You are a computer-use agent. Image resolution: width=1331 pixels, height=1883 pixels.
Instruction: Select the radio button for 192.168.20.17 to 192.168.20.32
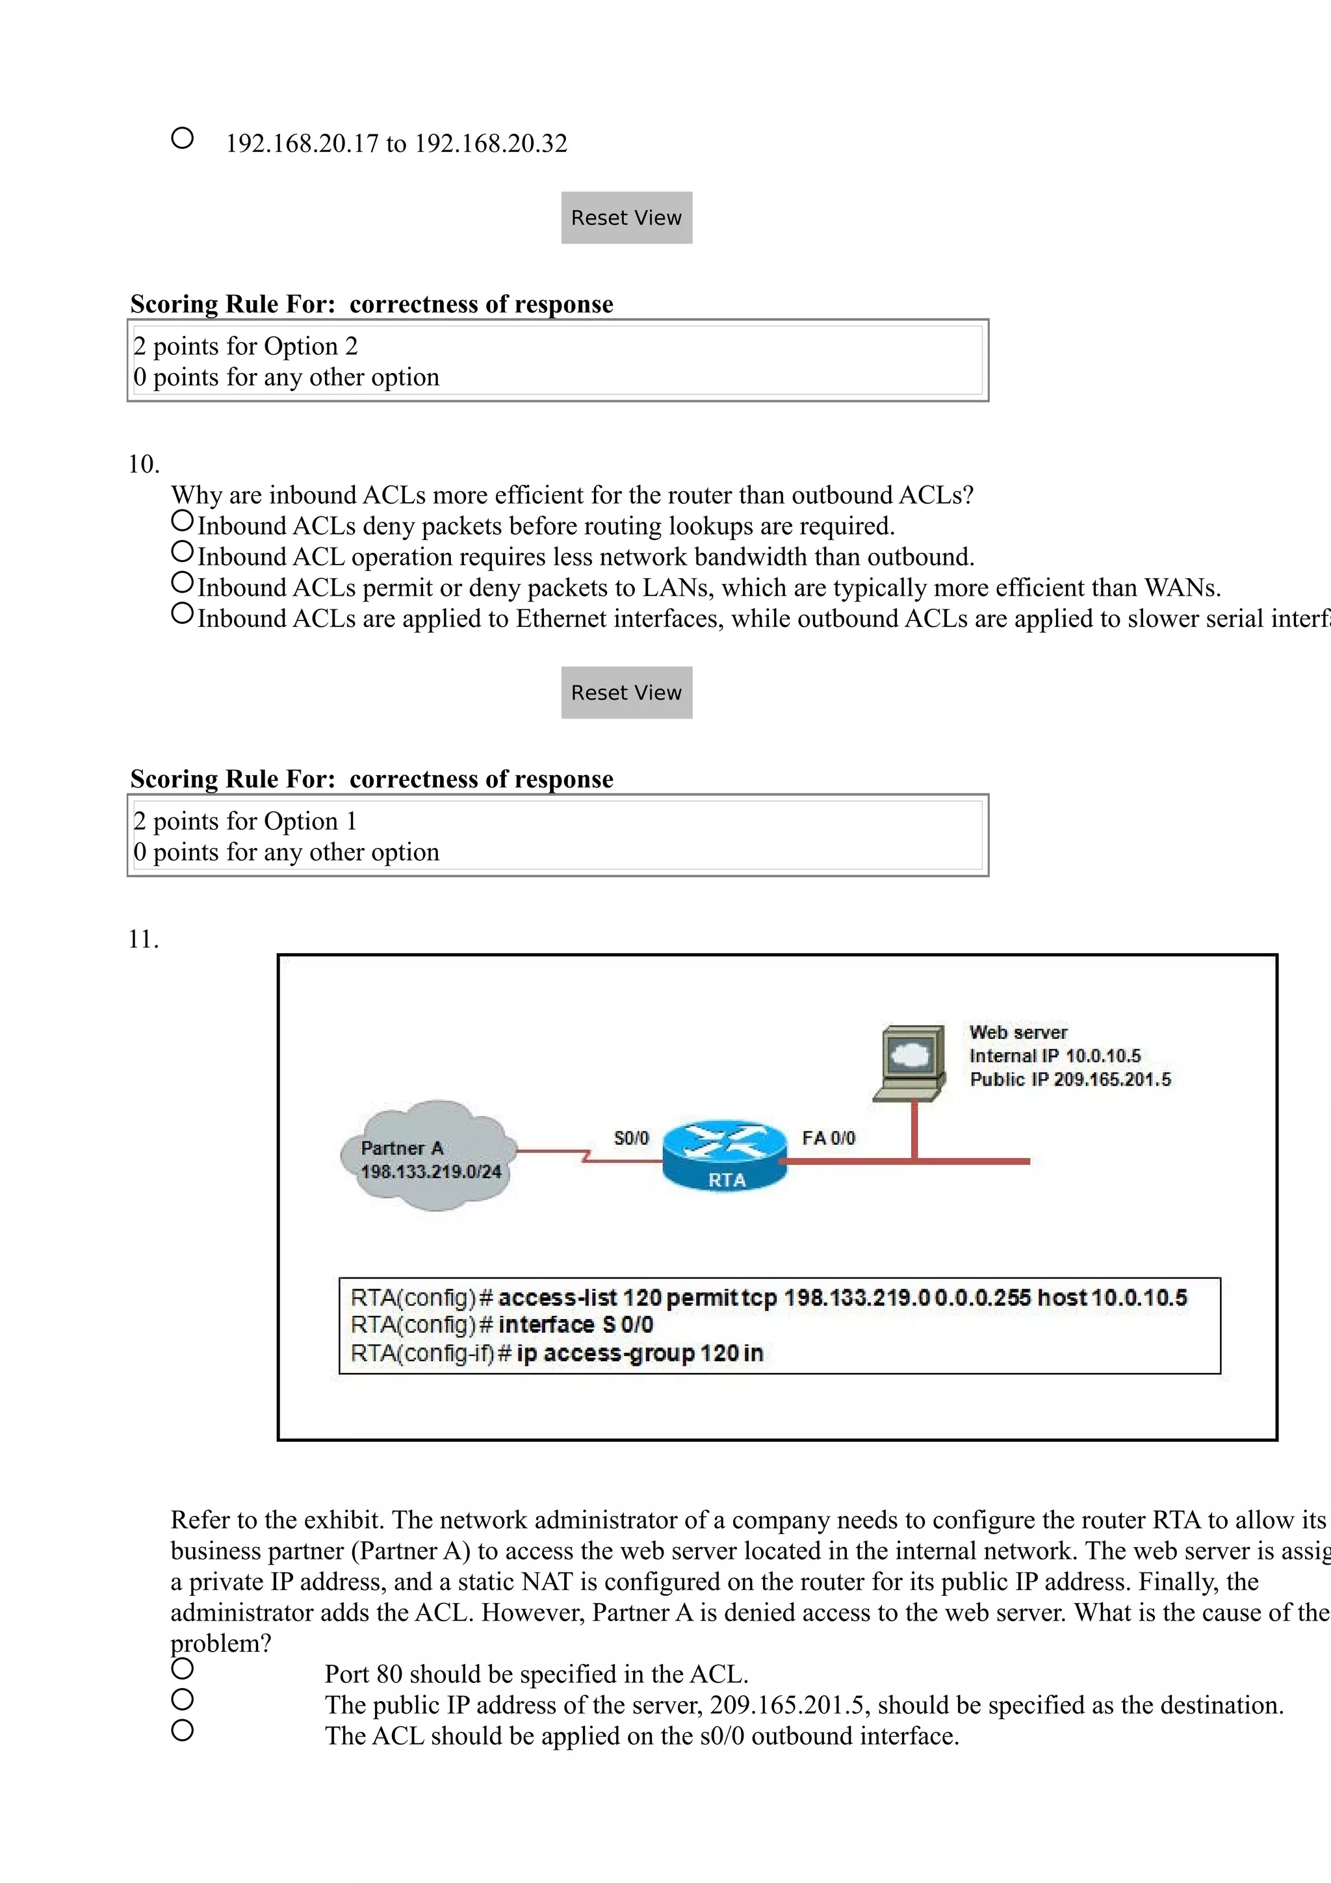pyautogui.click(x=182, y=138)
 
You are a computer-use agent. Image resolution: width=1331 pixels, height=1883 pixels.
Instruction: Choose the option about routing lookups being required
pyautogui.click(x=182, y=520)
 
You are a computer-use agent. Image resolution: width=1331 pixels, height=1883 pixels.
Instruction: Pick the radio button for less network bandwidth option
pyautogui.click(x=182, y=552)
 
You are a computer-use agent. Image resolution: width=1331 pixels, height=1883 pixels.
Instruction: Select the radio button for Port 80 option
pyautogui.click(x=182, y=1668)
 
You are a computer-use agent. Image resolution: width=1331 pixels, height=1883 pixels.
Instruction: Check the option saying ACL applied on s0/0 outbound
pyautogui.click(x=182, y=1730)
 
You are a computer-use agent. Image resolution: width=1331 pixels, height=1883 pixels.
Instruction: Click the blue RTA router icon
pyautogui.click(x=725, y=1155)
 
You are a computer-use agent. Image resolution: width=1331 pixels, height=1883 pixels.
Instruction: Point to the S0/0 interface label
pyautogui.click(x=630, y=1138)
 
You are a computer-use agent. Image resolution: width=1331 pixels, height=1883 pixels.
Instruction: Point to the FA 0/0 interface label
pyautogui.click(x=827, y=1138)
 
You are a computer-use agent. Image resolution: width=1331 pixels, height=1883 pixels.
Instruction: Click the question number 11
pyautogui.click(x=143, y=939)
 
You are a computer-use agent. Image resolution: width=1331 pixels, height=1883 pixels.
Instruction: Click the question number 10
pyautogui.click(x=143, y=464)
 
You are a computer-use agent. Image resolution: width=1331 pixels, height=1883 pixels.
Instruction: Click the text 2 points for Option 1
pyautogui.click(x=245, y=821)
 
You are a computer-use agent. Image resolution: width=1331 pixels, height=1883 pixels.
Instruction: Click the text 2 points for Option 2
pyautogui.click(x=245, y=346)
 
